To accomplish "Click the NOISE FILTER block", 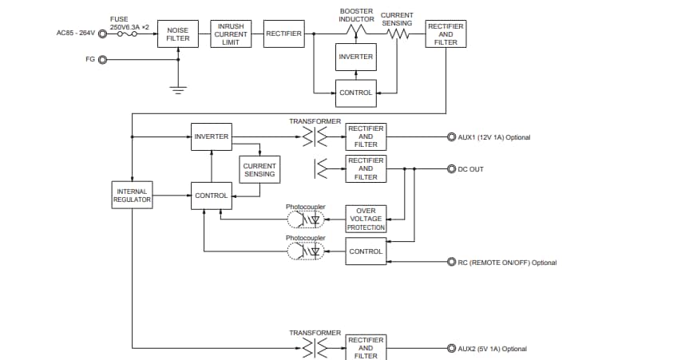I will tap(177, 34).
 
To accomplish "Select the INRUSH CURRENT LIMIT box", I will tap(231, 34).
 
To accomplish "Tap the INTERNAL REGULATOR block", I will tap(132, 196).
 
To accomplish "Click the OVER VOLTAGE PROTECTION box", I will tap(366, 219).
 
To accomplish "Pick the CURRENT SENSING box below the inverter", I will tap(259, 169).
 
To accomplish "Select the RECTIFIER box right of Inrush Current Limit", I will tap(283, 34).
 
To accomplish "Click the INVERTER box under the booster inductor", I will tap(355, 57).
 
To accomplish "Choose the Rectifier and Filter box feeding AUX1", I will tap(366, 136).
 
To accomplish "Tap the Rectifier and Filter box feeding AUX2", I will tap(366, 348).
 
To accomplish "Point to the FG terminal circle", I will tap(102, 60).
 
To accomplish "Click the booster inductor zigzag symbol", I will tap(355, 31).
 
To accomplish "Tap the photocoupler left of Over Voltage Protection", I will tap(307, 219).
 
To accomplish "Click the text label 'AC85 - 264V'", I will tap(76, 34).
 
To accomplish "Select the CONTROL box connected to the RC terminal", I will tap(366, 251).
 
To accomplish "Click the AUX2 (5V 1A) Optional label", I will tap(493, 349).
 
